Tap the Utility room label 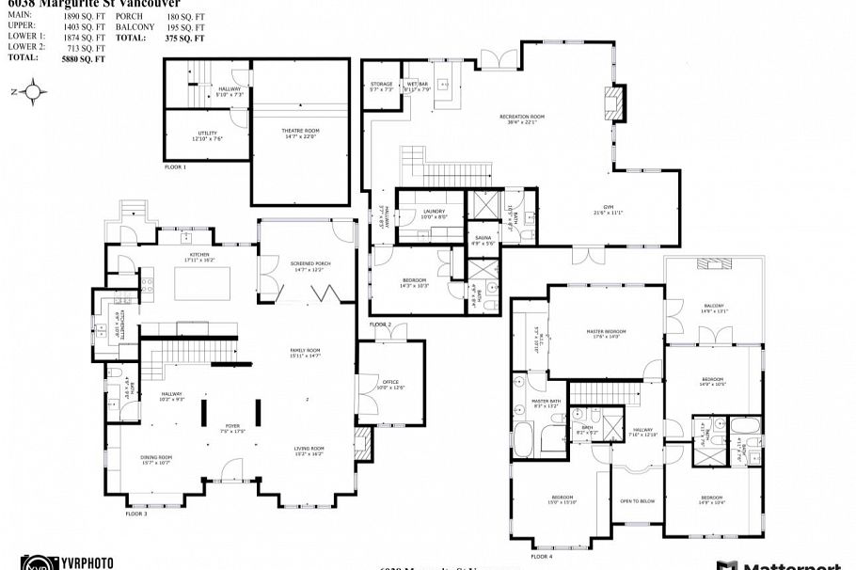click(208, 135)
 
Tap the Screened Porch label click(309, 267)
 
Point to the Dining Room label click(156, 459)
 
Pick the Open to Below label click(637, 501)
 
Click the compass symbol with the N click(33, 91)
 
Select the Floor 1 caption click(175, 166)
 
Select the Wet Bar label click(418, 87)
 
